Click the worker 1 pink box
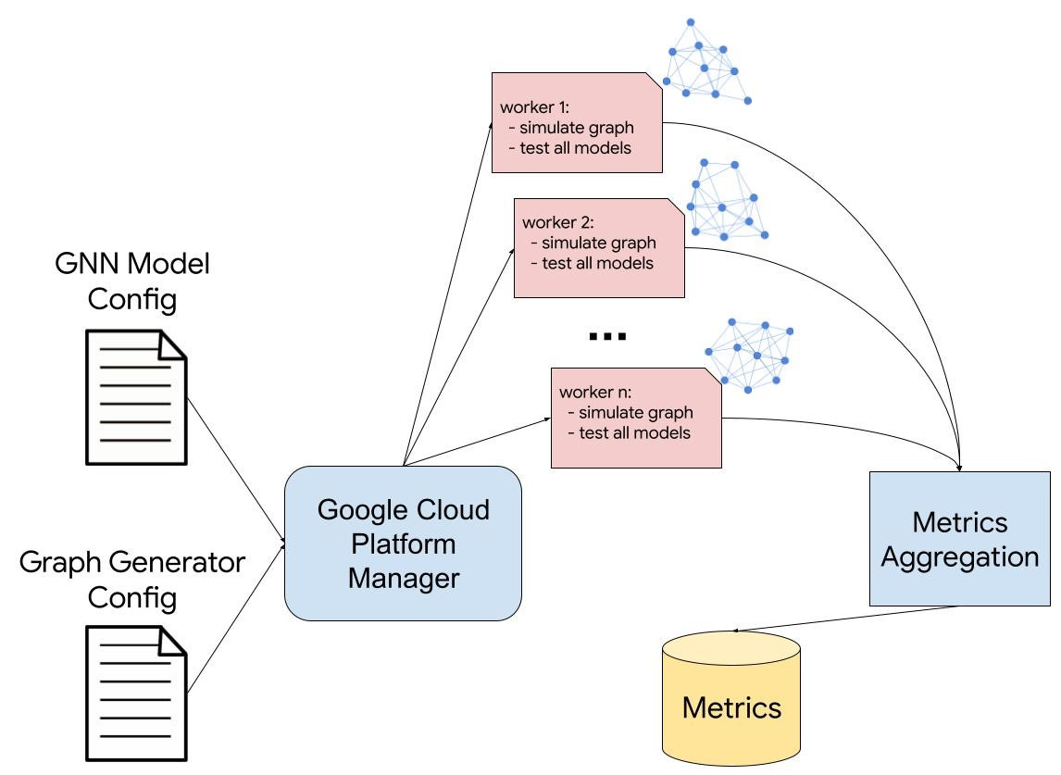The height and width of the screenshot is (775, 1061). [x=577, y=122]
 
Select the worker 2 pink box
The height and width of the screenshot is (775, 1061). [x=599, y=248]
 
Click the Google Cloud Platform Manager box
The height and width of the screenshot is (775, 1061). [x=403, y=543]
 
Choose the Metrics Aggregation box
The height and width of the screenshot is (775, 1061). [x=959, y=539]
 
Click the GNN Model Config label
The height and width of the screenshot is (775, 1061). [x=132, y=281]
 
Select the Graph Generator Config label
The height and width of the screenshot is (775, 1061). [x=132, y=580]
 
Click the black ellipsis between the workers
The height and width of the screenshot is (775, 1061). [x=608, y=336]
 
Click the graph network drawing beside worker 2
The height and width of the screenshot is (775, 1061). [x=727, y=199]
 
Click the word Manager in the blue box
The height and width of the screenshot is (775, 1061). [x=403, y=579]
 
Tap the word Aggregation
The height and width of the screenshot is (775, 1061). [x=959, y=557]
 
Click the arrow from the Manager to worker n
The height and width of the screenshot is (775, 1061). [x=477, y=441]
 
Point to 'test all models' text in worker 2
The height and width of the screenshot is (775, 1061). [x=598, y=263]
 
